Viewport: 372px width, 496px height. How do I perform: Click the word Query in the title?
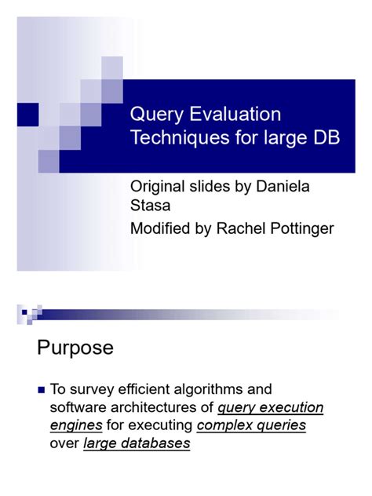coord(152,116)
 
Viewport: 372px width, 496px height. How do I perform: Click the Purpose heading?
coord(75,348)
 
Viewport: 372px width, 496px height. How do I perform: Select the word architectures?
coord(162,407)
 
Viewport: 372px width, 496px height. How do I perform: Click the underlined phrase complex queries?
coord(251,425)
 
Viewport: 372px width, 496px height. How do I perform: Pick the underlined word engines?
coord(76,425)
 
